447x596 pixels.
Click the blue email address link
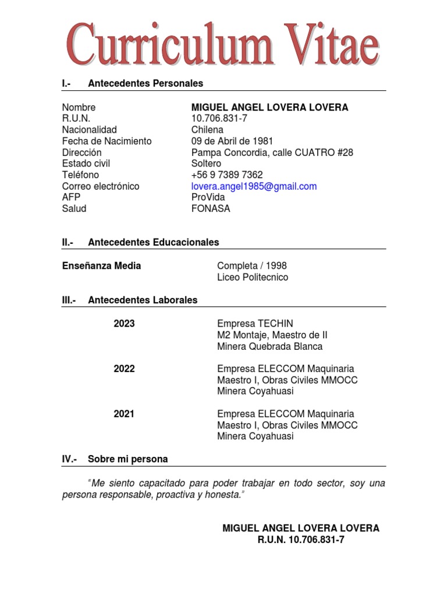point(254,186)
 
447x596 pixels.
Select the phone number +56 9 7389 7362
point(227,175)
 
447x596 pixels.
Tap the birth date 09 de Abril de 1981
point(232,141)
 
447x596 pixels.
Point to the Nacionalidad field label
point(89,130)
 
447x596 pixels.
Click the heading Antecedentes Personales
point(146,84)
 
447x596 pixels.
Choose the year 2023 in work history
point(124,324)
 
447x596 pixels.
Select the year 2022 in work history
point(124,369)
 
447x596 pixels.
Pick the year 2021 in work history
point(124,414)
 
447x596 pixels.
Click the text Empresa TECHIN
point(255,324)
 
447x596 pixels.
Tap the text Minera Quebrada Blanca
point(269,346)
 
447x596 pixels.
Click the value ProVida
point(208,197)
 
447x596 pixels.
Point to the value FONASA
point(211,209)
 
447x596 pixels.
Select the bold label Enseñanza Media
point(101,266)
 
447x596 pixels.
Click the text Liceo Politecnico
point(253,278)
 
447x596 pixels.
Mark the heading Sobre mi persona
point(127,459)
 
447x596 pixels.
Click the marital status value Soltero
point(206,164)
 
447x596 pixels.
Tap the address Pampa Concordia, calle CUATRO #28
point(272,152)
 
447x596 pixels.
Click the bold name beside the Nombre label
point(269,108)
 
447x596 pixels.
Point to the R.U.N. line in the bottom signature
point(301,540)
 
